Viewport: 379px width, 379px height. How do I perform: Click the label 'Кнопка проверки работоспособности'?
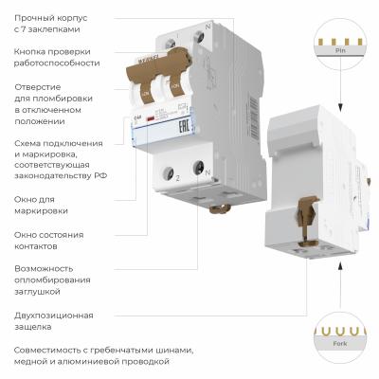pos(57,56)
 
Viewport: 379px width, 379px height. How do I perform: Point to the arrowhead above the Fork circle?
pos(339,294)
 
